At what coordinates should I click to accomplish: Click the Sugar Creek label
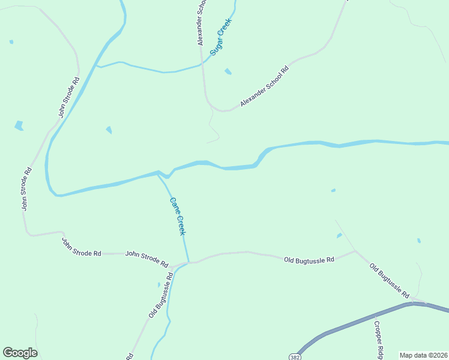click(x=221, y=37)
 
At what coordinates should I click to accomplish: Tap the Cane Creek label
click(x=178, y=217)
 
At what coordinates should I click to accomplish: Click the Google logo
click(x=20, y=353)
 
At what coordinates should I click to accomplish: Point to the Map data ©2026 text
click(x=424, y=355)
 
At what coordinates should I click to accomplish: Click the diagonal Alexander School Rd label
click(x=265, y=86)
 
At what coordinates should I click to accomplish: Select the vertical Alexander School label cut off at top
click(x=202, y=23)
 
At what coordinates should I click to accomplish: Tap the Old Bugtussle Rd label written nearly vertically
click(x=161, y=295)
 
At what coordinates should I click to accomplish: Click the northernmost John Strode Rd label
click(x=68, y=96)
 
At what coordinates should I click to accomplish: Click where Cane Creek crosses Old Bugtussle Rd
click(x=188, y=262)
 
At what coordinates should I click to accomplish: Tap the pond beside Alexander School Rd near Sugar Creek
click(x=228, y=72)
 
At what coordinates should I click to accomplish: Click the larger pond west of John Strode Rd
click(x=19, y=125)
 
